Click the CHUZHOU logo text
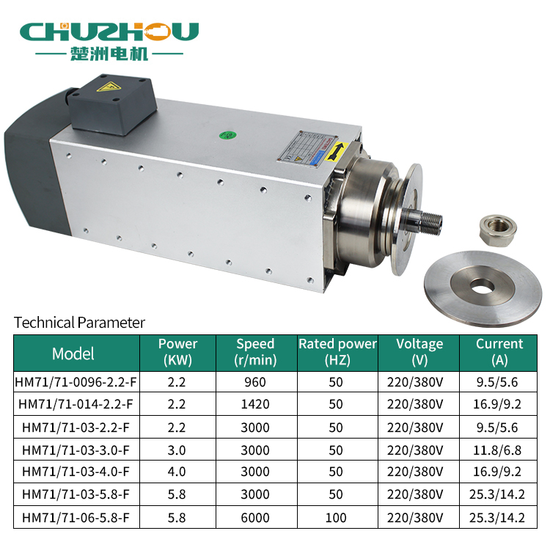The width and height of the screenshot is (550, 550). tap(109, 32)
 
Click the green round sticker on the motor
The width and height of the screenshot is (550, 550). tap(227, 135)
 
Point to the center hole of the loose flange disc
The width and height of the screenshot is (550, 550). tap(483, 286)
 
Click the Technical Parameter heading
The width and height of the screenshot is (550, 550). tap(79, 323)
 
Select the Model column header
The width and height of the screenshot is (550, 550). tap(73, 353)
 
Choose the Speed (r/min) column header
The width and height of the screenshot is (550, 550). tap(255, 352)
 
